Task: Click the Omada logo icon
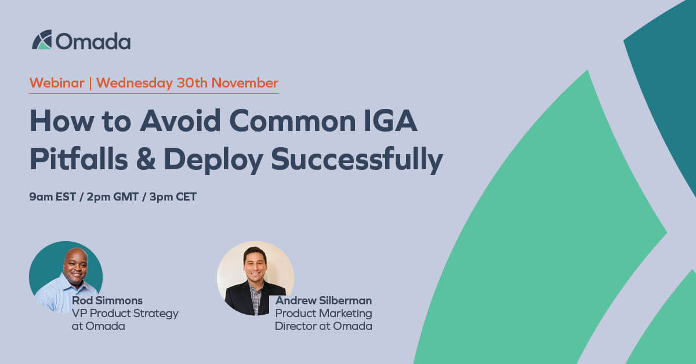[42, 39]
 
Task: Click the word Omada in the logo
[93, 41]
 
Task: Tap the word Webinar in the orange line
[57, 83]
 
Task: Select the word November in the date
[244, 83]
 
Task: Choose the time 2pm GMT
[113, 197]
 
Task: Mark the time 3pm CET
[173, 197]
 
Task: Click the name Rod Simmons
[107, 301]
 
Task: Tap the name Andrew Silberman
[324, 301]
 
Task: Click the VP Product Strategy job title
[125, 314]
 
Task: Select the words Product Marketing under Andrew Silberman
[324, 314]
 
